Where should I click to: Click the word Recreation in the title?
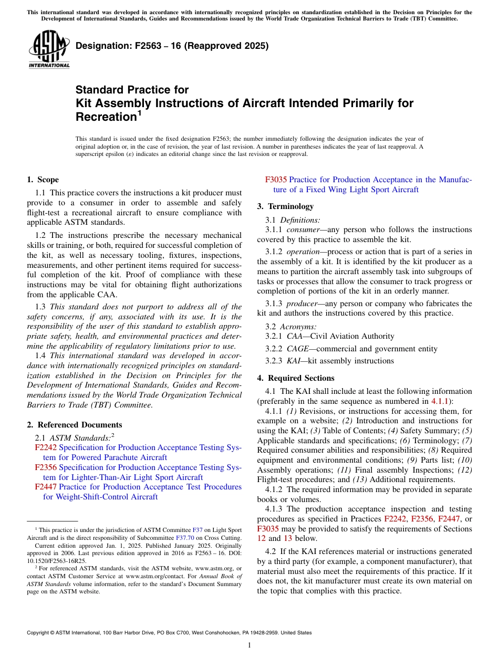106,117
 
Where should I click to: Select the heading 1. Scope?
43,180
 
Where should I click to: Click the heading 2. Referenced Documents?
74,425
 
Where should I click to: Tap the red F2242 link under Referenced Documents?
46,447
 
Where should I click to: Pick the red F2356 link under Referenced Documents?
46,467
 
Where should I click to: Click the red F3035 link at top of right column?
276,180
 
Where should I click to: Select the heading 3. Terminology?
285,206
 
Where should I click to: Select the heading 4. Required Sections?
296,378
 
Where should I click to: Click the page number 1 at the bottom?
250,645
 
